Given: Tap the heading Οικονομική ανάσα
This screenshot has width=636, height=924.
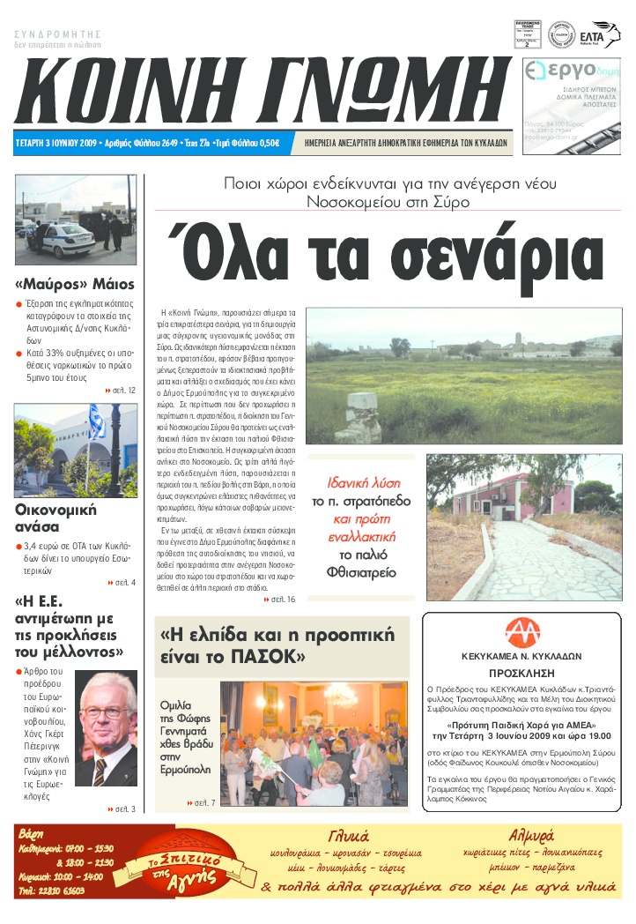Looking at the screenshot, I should (55, 518).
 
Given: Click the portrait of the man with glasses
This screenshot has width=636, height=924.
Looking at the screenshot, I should (107, 727).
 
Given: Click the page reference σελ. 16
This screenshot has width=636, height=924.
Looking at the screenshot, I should (280, 600).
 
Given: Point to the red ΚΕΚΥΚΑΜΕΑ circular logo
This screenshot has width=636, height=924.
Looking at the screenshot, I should (522, 633).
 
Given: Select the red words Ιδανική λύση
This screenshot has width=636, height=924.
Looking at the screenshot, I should (364, 483).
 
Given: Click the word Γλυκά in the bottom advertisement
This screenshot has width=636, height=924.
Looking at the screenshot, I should (349, 836).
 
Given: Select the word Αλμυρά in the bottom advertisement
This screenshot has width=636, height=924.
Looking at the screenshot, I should (531, 834).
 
